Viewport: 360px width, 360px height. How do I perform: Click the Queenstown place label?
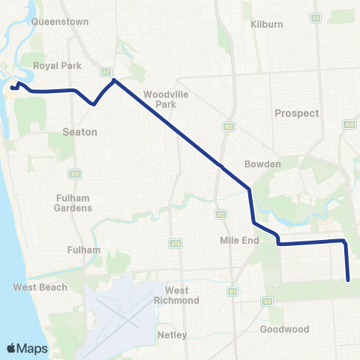(55, 22)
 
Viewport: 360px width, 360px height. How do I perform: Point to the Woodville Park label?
(160, 99)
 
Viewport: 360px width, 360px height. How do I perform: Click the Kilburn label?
(267, 24)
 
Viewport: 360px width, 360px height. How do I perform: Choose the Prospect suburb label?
(296, 113)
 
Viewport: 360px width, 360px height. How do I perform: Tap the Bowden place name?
(262, 164)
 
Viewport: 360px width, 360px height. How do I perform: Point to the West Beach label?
(40, 287)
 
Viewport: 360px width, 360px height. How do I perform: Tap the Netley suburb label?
(172, 335)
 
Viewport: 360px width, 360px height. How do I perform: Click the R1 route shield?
(232, 291)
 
